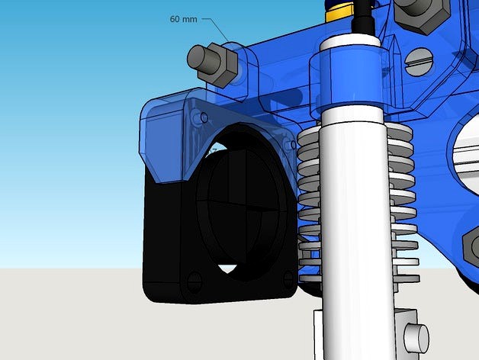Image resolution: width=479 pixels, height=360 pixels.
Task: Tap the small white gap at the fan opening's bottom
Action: point(226,268)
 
